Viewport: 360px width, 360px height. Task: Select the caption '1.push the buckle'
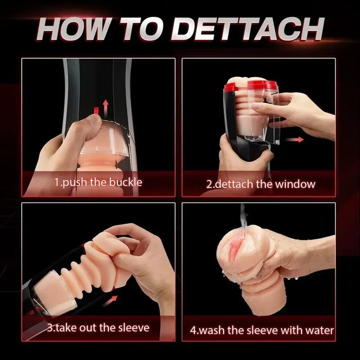click(x=99, y=182)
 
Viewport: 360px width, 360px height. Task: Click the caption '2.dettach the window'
click(x=261, y=184)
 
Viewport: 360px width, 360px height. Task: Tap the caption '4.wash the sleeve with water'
click(x=262, y=331)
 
